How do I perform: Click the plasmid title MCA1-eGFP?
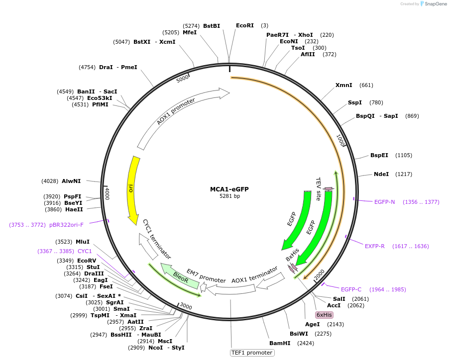[229, 189]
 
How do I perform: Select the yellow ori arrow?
[132, 189]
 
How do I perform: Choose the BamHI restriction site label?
[279, 343]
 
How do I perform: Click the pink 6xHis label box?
[324, 315]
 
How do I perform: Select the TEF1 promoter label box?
[252, 353]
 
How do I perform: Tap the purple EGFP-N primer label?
[385, 202]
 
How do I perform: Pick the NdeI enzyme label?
[381, 174]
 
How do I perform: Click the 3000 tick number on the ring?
[186, 306]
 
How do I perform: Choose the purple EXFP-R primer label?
[375, 246]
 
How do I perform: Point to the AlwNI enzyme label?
[71, 181]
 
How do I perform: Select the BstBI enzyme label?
[212, 25]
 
